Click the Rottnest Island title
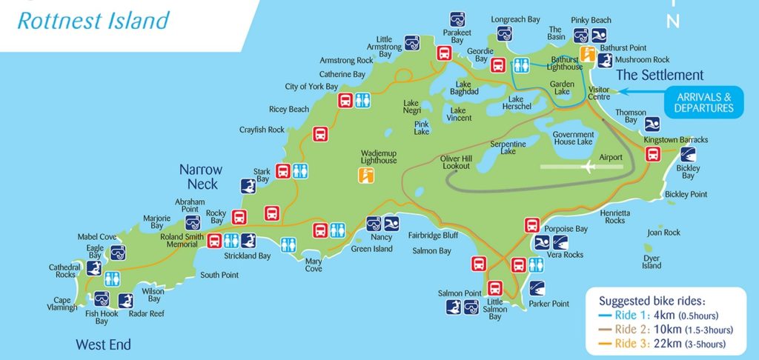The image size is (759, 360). coord(93,20)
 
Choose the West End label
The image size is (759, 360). coord(103,344)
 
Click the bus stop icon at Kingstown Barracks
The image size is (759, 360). coord(653,154)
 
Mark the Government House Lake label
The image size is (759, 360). coord(573,138)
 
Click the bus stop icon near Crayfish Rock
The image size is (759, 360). coord(320,134)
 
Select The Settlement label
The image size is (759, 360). coord(660,75)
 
